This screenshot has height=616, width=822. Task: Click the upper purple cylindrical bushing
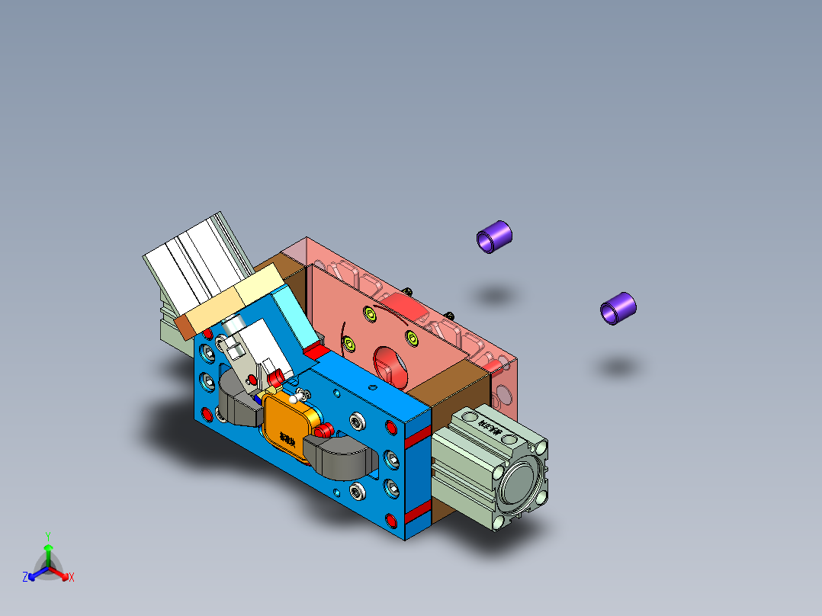coord(494,236)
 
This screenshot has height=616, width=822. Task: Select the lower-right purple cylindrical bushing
coord(618,308)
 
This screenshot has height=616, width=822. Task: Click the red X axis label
coord(72,577)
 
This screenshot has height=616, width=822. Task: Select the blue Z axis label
coord(25,577)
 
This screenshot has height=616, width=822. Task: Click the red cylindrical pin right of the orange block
coord(323,431)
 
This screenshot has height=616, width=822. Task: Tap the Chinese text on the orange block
coord(287,439)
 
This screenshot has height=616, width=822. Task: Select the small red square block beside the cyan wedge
coord(316,351)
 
